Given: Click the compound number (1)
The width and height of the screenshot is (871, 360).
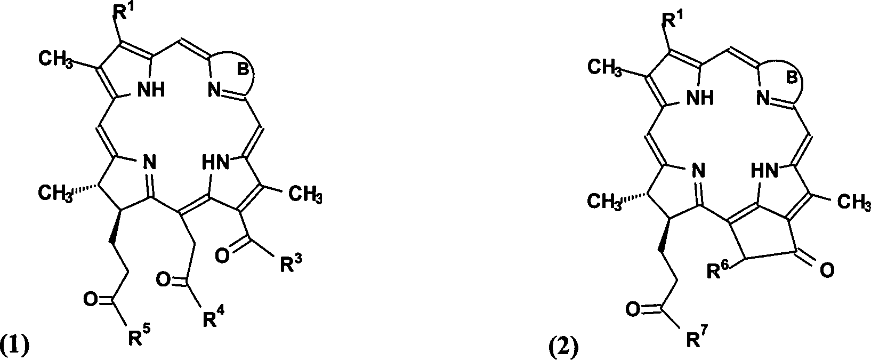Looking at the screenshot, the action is tap(14, 346).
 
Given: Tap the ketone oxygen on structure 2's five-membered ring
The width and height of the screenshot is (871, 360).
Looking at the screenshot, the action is tap(826, 271).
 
